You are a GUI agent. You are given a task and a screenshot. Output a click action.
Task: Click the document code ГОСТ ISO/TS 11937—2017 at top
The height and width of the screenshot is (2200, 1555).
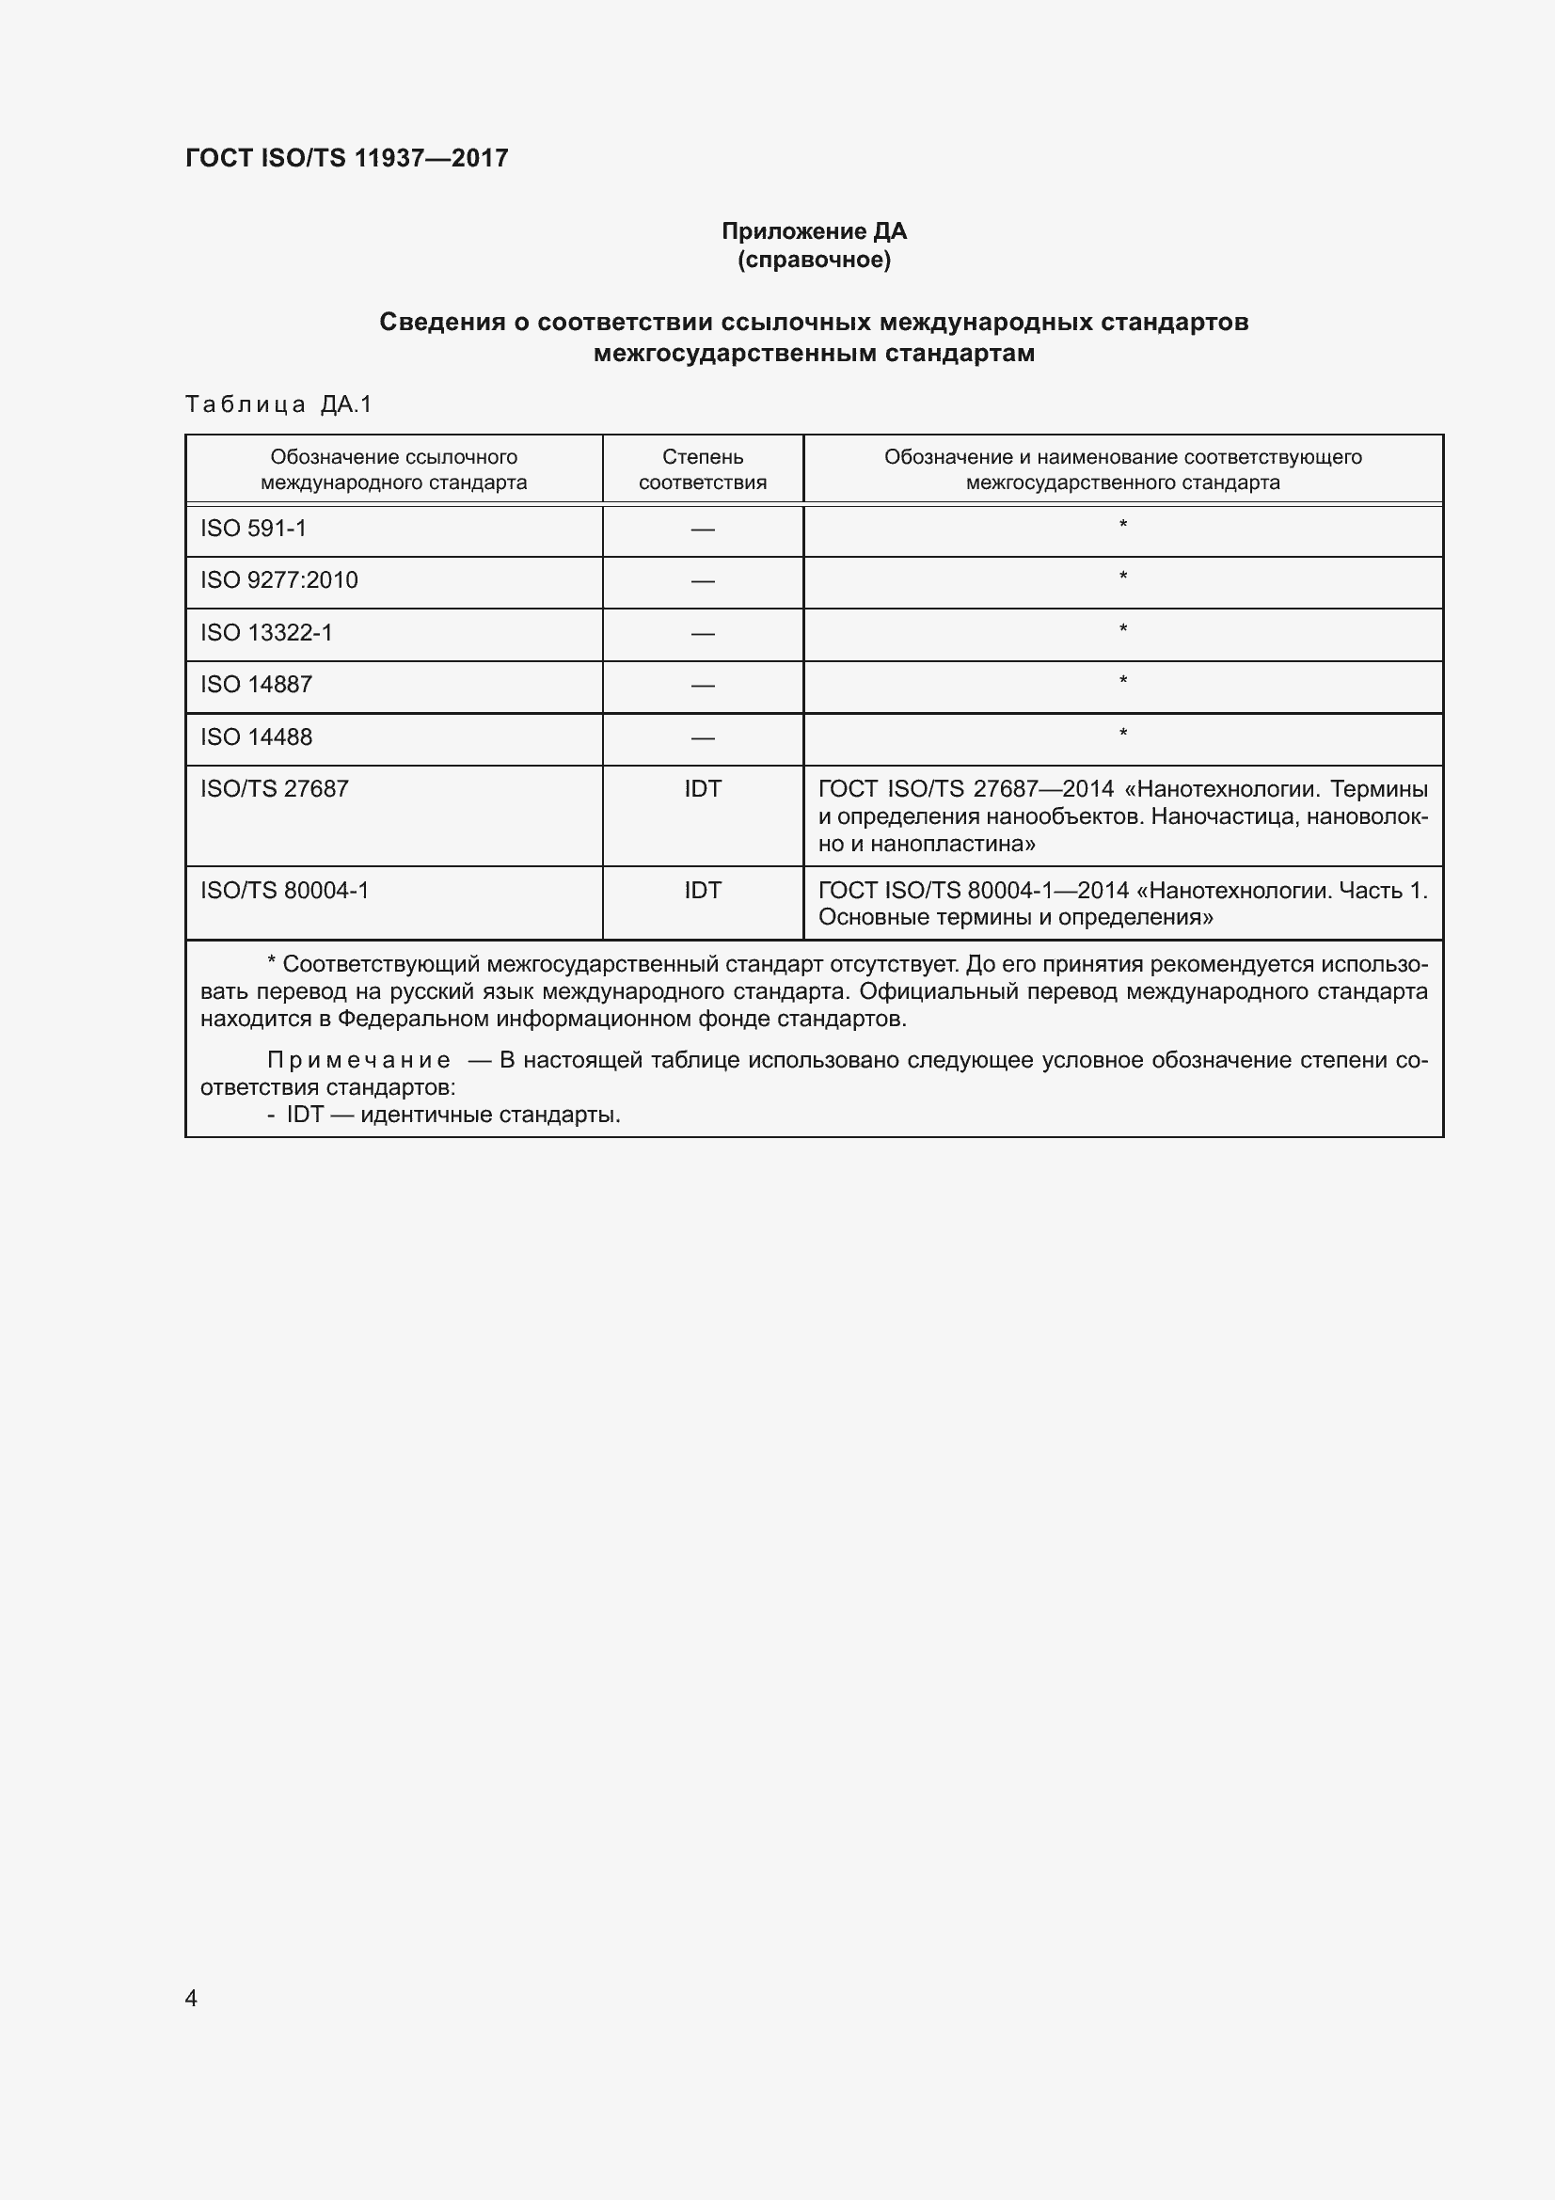[x=346, y=158]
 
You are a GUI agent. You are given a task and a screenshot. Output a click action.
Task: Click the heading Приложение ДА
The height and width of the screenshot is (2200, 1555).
[x=814, y=231]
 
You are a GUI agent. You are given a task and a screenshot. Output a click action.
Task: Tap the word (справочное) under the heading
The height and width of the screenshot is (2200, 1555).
[x=814, y=260]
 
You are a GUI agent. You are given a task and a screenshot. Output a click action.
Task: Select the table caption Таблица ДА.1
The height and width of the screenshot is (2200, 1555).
[x=278, y=404]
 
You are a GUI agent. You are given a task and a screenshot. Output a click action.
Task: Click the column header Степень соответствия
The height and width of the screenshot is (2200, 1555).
[x=703, y=469]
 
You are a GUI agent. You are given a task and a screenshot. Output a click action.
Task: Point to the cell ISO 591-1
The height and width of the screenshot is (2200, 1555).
[x=253, y=529]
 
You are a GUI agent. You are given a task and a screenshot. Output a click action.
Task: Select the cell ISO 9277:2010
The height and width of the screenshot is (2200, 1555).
[x=278, y=580]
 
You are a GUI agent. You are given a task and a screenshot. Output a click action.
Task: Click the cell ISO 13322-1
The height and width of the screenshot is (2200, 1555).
[x=266, y=632]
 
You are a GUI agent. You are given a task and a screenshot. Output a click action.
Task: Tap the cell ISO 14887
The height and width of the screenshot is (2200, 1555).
[x=256, y=684]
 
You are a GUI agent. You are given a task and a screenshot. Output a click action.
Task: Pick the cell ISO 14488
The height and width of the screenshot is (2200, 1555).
[x=256, y=736]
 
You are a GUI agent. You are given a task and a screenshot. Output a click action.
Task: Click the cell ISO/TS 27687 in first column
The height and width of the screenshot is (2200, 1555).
[x=274, y=788]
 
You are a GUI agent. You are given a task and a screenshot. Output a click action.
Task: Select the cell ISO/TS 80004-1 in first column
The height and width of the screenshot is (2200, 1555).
[x=284, y=890]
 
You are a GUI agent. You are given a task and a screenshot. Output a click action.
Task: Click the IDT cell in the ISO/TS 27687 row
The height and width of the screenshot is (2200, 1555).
[x=703, y=788]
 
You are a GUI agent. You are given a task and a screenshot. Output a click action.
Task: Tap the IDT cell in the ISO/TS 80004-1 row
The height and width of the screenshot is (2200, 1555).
[x=703, y=890]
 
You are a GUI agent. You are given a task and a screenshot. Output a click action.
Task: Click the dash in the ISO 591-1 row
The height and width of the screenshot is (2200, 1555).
[x=703, y=530]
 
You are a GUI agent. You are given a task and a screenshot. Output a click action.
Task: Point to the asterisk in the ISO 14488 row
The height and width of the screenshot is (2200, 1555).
[x=1123, y=734]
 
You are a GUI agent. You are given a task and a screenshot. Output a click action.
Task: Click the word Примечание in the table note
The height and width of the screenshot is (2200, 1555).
[x=358, y=1060]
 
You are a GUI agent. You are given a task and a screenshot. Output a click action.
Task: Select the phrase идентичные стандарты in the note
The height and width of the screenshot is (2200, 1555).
[x=490, y=1115]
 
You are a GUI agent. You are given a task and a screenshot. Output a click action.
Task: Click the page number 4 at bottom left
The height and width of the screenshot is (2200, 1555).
[x=191, y=1998]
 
